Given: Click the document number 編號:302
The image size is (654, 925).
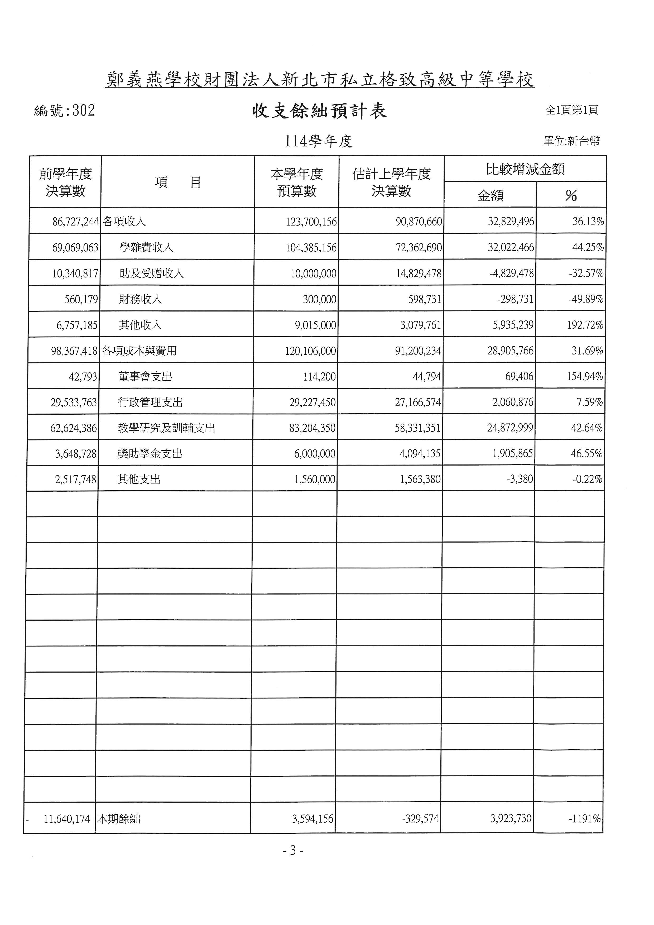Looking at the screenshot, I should pyautogui.click(x=64, y=111).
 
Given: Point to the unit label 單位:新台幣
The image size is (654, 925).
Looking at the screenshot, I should pyautogui.click(x=571, y=141).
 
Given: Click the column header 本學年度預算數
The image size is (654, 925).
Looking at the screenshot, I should pyautogui.click(x=297, y=183).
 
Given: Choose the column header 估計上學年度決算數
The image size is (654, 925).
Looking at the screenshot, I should pyautogui.click(x=391, y=183).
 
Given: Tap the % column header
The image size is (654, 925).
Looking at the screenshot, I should pyautogui.click(x=571, y=196).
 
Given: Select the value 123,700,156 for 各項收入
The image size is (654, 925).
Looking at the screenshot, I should pyautogui.click(x=311, y=222).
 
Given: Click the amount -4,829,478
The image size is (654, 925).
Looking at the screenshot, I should pyautogui.click(x=511, y=273).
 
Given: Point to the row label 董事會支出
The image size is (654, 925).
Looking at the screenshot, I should pyautogui.click(x=145, y=376).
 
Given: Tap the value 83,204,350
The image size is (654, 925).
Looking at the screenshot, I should pyautogui.click(x=312, y=428).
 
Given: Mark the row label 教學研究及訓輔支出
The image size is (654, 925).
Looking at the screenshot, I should pyautogui.click(x=166, y=428).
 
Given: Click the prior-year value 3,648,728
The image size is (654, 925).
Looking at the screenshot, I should pyautogui.click(x=76, y=454).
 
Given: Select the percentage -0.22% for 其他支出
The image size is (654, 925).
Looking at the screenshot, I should pyautogui.click(x=587, y=479).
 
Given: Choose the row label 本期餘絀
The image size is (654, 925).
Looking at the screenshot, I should pyautogui.click(x=119, y=819).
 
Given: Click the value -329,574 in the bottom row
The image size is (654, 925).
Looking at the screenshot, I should pyautogui.click(x=420, y=819).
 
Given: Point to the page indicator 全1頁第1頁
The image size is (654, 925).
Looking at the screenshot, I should pyautogui.click(x=571, y=110).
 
